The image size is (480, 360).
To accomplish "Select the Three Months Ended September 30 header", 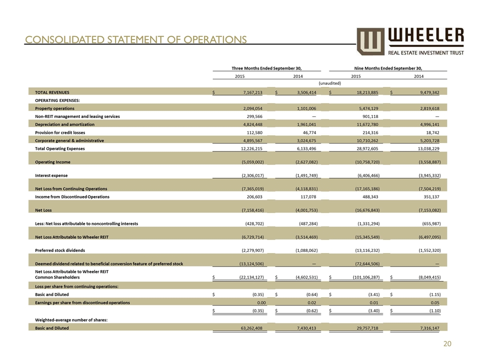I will [268, 68].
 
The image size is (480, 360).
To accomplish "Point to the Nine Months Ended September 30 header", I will [387, 68].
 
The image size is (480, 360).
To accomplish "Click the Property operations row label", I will [54, 108].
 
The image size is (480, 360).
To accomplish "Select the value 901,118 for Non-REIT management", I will [368, 116].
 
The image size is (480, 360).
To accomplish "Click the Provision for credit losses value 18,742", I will [430, 132].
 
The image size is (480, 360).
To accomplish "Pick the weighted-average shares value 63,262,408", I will [249, 328].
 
